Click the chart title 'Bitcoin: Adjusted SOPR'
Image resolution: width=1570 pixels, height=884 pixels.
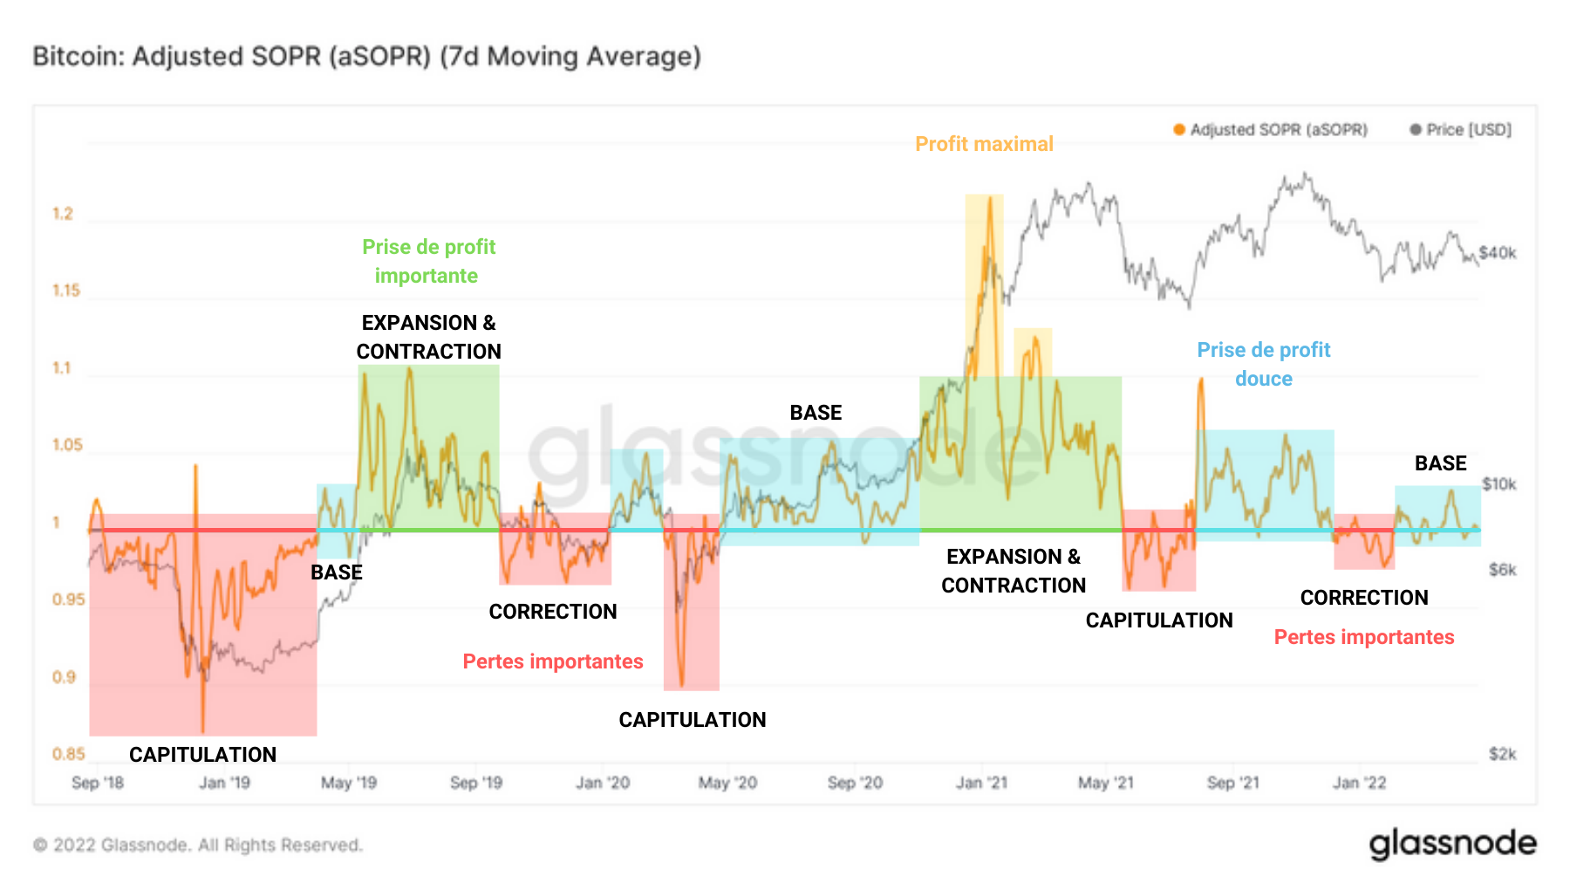(366, 57)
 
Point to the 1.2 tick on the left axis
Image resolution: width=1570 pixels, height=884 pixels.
(63, 214)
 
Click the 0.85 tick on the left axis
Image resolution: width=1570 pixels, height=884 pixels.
(68, 754)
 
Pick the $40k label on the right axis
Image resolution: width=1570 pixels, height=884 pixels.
(1498, 253)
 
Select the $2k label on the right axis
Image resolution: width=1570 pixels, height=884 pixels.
(1502, 754)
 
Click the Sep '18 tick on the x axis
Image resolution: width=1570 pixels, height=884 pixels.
(97, 783)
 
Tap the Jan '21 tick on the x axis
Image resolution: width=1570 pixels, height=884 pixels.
(981, 783)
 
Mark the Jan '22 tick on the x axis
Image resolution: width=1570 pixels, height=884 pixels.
(1359, 783)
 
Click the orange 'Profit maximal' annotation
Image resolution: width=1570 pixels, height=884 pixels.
(984, 144)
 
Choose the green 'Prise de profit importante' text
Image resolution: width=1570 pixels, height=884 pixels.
(428, 261)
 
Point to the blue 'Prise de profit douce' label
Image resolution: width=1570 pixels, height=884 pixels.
(1263, 364)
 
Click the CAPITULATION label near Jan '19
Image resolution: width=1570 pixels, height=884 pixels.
(202, 755)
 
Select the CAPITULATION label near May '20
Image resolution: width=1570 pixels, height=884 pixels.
(692, 720)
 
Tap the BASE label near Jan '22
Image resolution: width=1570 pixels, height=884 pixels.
(1440, 463)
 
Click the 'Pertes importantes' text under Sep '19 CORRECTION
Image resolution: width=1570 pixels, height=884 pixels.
(553, 661)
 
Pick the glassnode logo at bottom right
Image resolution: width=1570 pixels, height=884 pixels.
(1452, 844)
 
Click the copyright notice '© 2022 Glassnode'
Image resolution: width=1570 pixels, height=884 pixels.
(197, 845)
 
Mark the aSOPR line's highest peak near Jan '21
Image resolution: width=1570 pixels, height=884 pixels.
(990, 198)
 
